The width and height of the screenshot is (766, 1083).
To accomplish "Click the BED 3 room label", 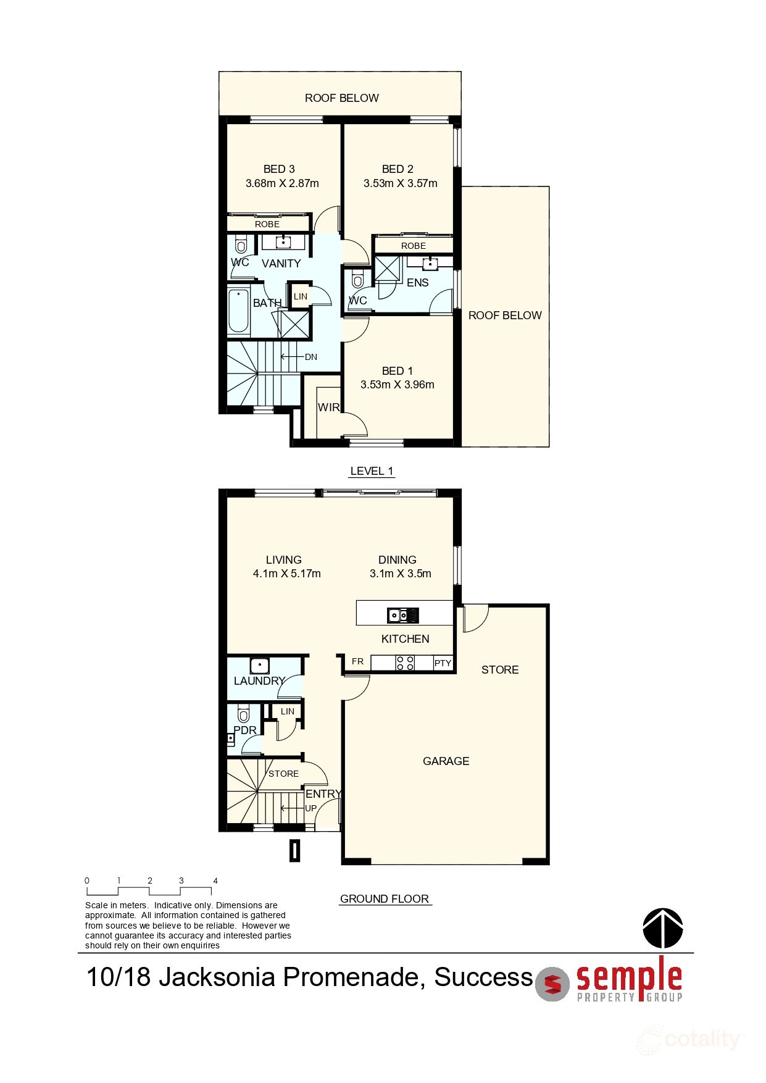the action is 279,169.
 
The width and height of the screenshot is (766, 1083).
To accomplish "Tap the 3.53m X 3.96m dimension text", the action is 398,385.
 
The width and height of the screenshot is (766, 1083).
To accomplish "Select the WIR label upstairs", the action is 328,408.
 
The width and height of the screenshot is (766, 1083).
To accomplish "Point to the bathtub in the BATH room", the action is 238,311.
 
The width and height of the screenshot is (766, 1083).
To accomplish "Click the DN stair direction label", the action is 311,357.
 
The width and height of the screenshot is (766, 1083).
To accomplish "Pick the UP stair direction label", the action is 311,808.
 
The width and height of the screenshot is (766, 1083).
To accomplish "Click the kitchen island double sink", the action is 403,616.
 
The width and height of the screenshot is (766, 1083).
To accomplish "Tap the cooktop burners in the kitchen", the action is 405,663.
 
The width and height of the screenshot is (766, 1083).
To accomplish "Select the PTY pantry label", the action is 443,663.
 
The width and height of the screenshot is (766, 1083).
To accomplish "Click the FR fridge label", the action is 358,661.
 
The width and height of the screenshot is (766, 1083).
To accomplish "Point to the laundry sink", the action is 260,666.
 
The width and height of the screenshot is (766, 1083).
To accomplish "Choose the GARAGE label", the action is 446,761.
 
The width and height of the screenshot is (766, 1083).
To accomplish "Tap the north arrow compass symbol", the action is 663,928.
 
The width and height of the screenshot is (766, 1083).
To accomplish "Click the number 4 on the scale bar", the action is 215,880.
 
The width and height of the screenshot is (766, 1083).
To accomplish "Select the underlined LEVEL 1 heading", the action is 372,471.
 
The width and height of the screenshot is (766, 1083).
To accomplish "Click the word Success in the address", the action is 483,977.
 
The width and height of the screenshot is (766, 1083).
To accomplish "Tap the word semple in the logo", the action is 629,978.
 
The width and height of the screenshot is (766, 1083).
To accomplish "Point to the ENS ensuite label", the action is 418,283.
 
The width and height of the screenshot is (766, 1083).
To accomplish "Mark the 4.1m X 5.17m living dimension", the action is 287,574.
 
